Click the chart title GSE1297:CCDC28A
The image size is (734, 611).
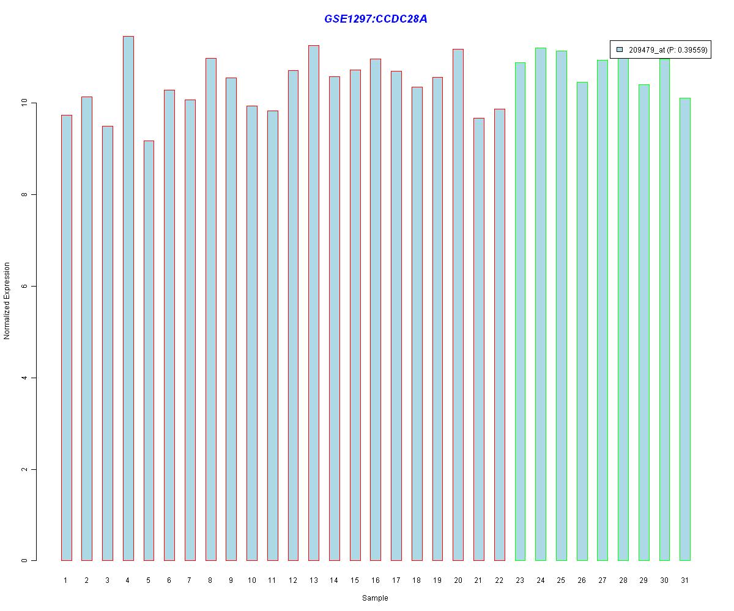pyautogui.click(x=376, y=19)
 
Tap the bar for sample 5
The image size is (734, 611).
pyautogui.click(x=149, y=351)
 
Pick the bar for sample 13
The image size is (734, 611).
pyautogui.click(x=314, y=303)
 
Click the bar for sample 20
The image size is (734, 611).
pyautogui.click(x=458, y=305)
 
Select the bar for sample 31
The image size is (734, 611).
pyautogui.click(x=685, y=329)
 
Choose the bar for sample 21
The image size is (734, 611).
pyautogui.click(x=479, y=339)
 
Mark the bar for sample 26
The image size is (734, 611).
pyautogui.click(x=582, y=321)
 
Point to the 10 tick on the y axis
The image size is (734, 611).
pyautogui.click(x=34, y=103)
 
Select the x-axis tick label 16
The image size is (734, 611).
pyautogui.click(x=376, y=580)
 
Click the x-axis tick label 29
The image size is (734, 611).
pyautogui.click(x=643, y=580)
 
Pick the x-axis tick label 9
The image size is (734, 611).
pyautogui.click(x=231, y=580)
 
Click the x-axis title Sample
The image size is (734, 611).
pyautogui.click(x=375, y=598)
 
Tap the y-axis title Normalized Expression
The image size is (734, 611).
pyautogui.click(x=7, y=301)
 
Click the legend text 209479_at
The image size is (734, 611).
pyautogui.click(x=647, y=50)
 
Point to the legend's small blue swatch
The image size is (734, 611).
pyautogui.click(x=620, y=49)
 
